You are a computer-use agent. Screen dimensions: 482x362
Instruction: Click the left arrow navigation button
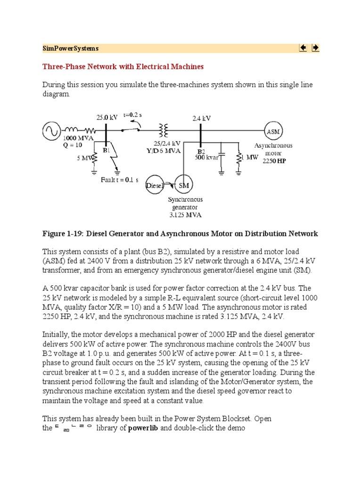click(303, 48)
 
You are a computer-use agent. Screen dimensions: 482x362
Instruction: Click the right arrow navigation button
click(315, 48)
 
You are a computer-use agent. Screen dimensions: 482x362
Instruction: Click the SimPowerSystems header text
click(70, 48)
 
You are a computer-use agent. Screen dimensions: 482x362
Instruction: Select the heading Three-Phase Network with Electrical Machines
click(123, 67)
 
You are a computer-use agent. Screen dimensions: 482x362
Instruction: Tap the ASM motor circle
click(273, 131)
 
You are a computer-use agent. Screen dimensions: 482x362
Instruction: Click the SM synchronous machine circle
click(183, 185)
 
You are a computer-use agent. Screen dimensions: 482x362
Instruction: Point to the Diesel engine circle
click(155, 185)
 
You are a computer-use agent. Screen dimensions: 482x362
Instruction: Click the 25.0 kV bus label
click(107, 118)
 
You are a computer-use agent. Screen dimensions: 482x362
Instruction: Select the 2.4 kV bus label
click(200, 119)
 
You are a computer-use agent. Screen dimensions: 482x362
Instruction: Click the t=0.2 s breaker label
click(133, 114)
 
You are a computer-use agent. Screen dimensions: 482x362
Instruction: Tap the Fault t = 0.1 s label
click(119, 180)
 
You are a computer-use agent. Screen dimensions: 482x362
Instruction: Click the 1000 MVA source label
click(78, 138)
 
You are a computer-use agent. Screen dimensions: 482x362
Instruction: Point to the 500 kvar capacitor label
click(207, 158)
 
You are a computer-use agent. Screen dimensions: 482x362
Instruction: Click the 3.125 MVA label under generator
click(185, 215)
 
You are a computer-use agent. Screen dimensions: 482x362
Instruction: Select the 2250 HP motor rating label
click(274, 161)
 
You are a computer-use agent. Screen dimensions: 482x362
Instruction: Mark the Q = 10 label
click(73, 145)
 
